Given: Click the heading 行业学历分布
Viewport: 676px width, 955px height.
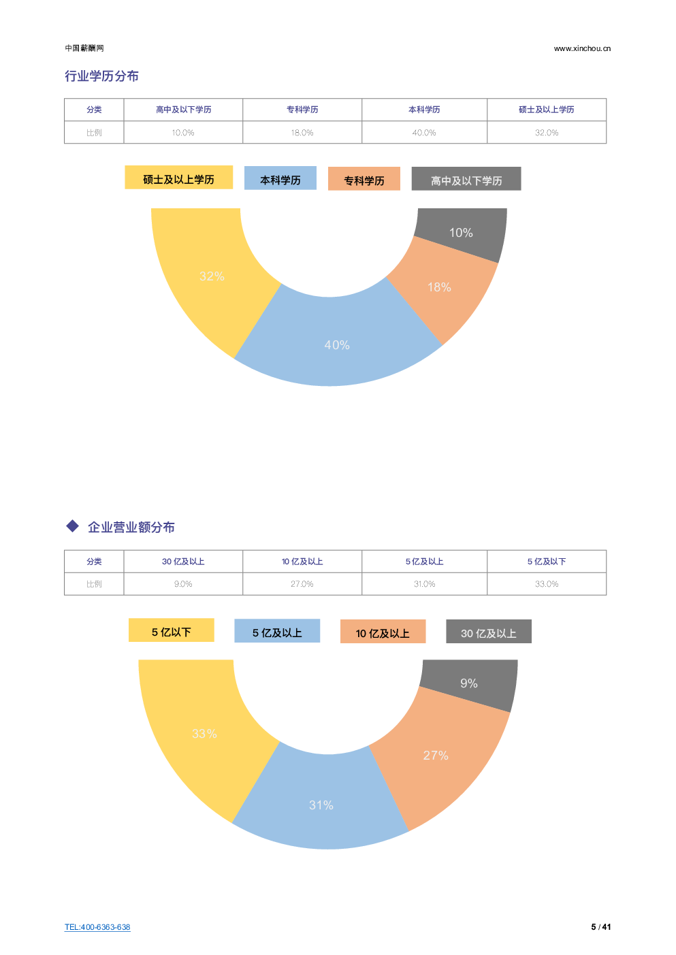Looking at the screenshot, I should coord(101,76).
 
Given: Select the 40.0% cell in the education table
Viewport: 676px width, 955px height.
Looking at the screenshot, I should coord(424,133).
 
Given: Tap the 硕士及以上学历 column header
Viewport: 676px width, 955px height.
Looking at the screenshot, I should coord(546,110).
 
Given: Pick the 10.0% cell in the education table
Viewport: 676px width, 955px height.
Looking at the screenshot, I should coord(182,133).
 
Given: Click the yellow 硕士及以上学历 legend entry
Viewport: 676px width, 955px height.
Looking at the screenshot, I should coord(178,178).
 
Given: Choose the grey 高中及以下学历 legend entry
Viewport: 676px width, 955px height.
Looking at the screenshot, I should coord(466,180).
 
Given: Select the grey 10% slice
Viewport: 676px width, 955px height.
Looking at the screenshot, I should coord(462,232).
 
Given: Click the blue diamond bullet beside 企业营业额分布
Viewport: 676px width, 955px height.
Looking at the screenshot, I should coord(73,526).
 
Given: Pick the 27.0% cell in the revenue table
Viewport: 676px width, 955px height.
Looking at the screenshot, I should coord(302,584).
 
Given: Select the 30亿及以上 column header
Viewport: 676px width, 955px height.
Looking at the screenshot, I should coord(182,562).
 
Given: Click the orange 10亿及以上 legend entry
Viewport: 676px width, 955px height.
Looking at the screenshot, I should coord(383,632).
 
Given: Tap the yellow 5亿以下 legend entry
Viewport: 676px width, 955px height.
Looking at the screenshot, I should coord(171,631).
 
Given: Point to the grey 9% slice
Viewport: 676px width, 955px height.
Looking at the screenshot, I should coord(470,683).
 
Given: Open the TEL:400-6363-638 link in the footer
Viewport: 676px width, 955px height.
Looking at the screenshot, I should coord(97,927).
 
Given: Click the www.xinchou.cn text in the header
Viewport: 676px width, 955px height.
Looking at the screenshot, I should coord(582,48).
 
